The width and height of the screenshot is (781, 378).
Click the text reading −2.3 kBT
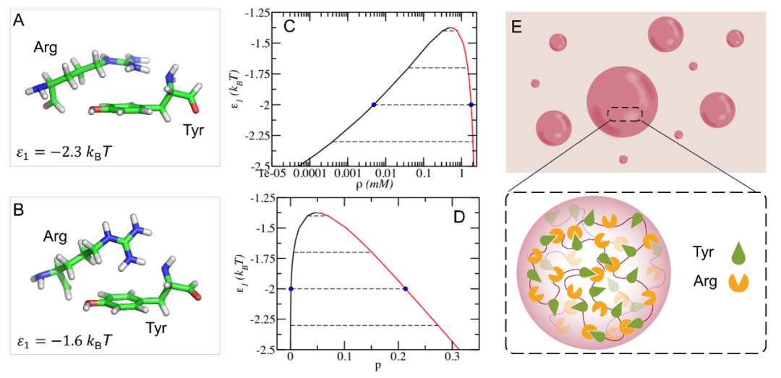(x=65, y=153)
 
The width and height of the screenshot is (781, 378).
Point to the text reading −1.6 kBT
(x=65, y=337)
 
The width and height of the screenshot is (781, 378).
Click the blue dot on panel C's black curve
(x=374, y=105)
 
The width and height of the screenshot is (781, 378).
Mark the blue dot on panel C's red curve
(x=471, y=105)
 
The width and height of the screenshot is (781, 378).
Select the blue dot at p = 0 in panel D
(x=291, y=289)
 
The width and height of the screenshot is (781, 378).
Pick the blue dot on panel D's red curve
(x=405, y=289)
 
